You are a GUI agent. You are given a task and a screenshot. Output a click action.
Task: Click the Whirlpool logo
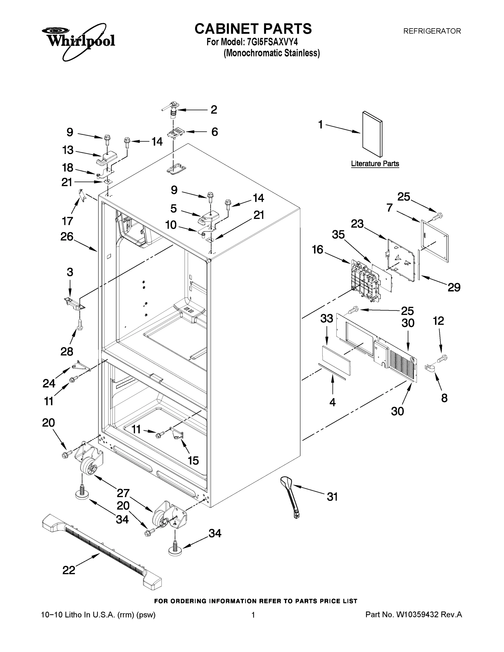tap(78, 40)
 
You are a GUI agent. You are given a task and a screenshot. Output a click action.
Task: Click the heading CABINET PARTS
tap(253, 29)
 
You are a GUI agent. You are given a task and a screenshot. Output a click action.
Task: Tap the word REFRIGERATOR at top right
tap(432, 31)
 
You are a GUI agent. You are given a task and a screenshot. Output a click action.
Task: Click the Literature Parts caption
tap(375, 164)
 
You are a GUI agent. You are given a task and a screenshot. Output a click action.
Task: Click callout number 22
tap(69, 570)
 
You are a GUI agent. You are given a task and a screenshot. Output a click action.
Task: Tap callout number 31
tap(332, 497)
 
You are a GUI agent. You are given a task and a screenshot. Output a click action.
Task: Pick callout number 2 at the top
tap(214, 110)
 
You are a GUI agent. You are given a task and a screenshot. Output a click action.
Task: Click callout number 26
tap(67, 236)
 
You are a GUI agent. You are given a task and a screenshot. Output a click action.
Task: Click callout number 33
tap(327, 319)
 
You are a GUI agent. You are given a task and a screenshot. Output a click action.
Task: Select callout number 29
tap(454, 287)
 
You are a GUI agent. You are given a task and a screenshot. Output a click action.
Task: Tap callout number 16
tap(317, 249)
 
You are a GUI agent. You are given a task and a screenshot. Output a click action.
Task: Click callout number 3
tap(70, 272)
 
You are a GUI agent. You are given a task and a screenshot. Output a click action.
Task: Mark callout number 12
tap(438, 321)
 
